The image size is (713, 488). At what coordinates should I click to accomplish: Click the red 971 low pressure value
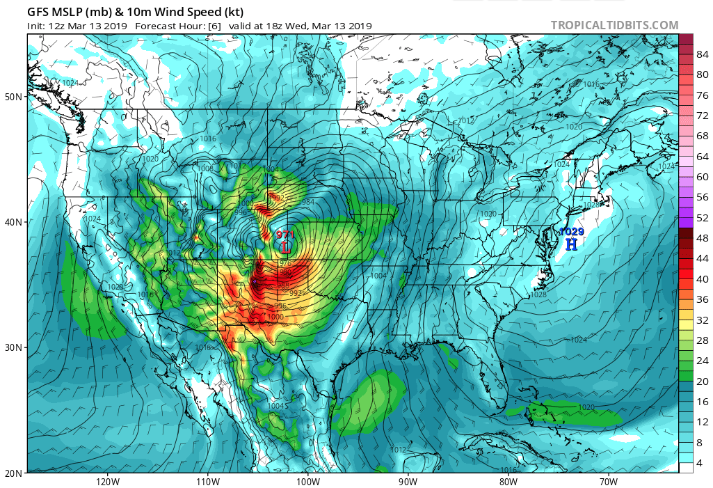pos(285,235)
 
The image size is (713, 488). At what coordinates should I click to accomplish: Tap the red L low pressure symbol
pos(285,247)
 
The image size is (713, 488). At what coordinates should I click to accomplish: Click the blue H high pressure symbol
pos(571,244)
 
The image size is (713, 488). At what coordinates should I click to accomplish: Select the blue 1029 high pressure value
pos(572,232)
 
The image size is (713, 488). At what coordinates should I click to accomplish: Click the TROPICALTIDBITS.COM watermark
pos(614,26)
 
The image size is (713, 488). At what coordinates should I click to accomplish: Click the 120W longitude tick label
pos(106,481)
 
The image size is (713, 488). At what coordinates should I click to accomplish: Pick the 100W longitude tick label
pos(307,481)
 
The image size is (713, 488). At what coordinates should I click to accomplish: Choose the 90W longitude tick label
pos(408,481)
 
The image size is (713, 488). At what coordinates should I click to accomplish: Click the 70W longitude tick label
pos(608,481)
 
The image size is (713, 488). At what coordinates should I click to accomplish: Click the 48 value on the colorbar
pos(703,238)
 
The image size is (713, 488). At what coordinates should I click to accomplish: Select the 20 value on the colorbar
pos(703,381)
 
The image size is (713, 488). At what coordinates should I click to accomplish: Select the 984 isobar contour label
pos(308,202)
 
